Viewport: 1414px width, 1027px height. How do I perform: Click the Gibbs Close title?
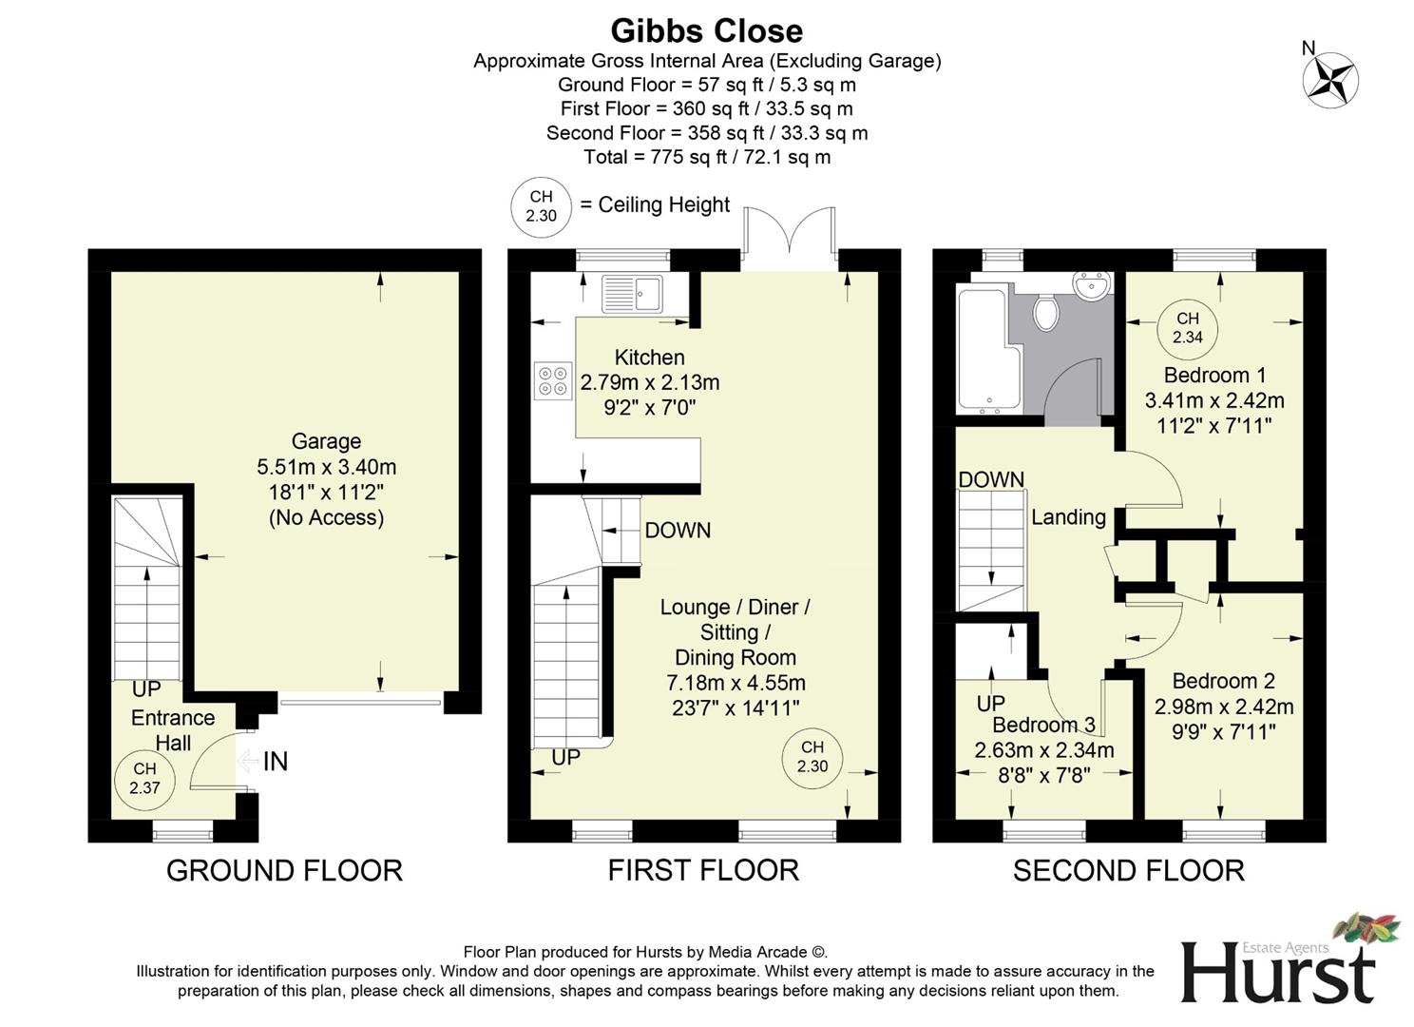[706, 30]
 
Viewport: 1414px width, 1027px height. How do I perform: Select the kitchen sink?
[632, 292]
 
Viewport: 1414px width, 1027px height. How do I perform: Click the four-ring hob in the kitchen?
[552, 380]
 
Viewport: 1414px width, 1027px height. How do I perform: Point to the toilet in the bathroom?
[1046, 312]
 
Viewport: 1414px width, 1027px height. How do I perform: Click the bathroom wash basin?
[1091, 284]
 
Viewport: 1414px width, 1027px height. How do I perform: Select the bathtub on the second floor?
[985, 350]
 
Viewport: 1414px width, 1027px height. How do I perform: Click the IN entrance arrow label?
[274, 762]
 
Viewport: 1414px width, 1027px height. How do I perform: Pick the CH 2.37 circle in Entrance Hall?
[144, 778]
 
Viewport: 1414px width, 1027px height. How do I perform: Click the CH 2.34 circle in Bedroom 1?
[1187, 328]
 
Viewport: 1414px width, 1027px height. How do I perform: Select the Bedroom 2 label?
[1223, 681]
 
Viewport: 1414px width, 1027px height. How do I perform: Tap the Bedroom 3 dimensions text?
[1044, 762]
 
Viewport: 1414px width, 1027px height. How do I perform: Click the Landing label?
[1068, 516]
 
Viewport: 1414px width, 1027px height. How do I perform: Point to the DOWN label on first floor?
[677, 530]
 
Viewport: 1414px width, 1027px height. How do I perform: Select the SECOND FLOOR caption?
[1128, 870]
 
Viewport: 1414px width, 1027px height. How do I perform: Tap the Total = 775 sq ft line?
[706, 157]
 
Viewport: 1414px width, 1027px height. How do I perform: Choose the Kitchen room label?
[649, 358]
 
